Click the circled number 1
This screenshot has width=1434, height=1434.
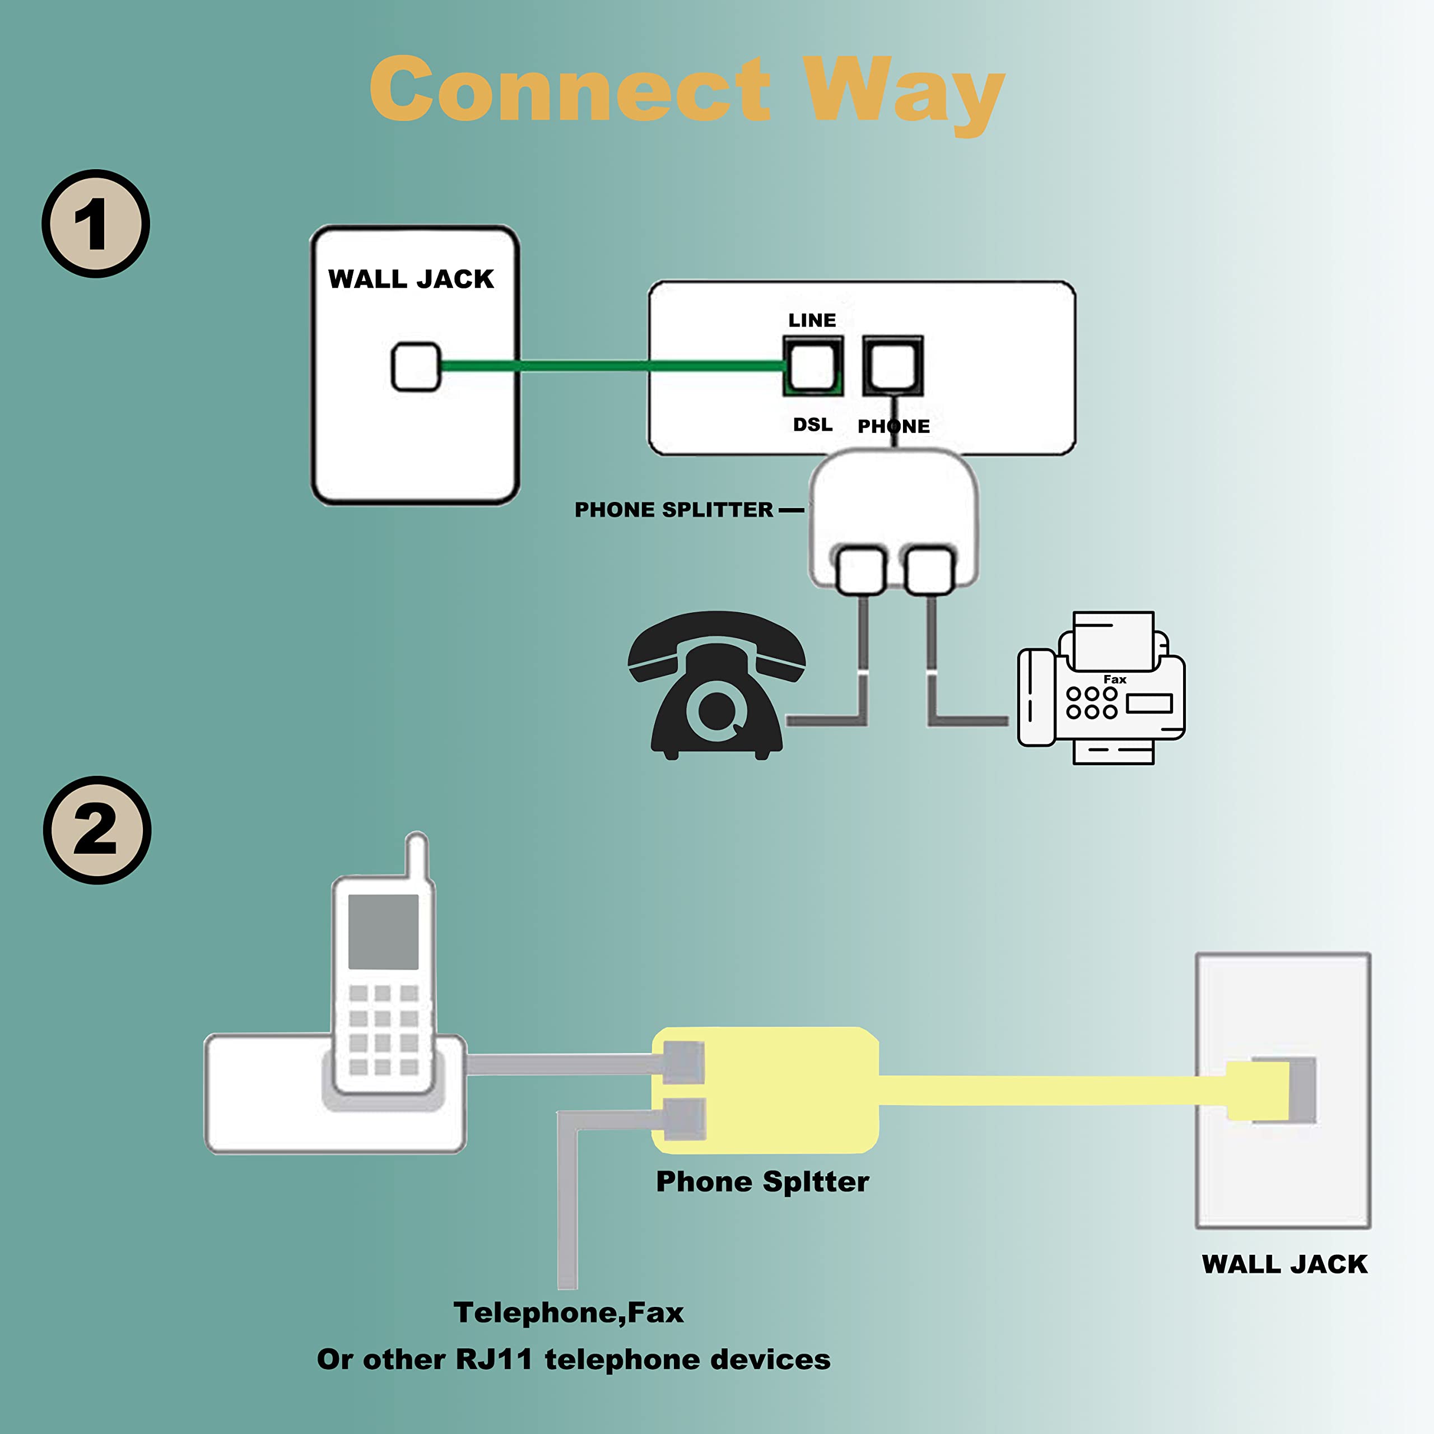point(95,224)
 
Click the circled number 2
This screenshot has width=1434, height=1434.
point(96,830)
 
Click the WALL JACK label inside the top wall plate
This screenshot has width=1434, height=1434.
point(411,279)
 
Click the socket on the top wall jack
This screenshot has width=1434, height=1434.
point(416,366)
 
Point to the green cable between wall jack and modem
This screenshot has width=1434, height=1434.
point(609,365)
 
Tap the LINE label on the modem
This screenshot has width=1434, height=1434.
point(812,320)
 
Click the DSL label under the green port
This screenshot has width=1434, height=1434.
point(813,425)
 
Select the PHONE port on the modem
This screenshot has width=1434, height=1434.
point(892,365)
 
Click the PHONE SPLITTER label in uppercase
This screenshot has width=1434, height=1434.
point(673,510)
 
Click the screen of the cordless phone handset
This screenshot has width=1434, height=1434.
point(383,932)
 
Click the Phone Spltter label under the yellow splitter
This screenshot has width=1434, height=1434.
point(762,1181)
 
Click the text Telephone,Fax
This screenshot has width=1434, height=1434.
point(569,1313)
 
